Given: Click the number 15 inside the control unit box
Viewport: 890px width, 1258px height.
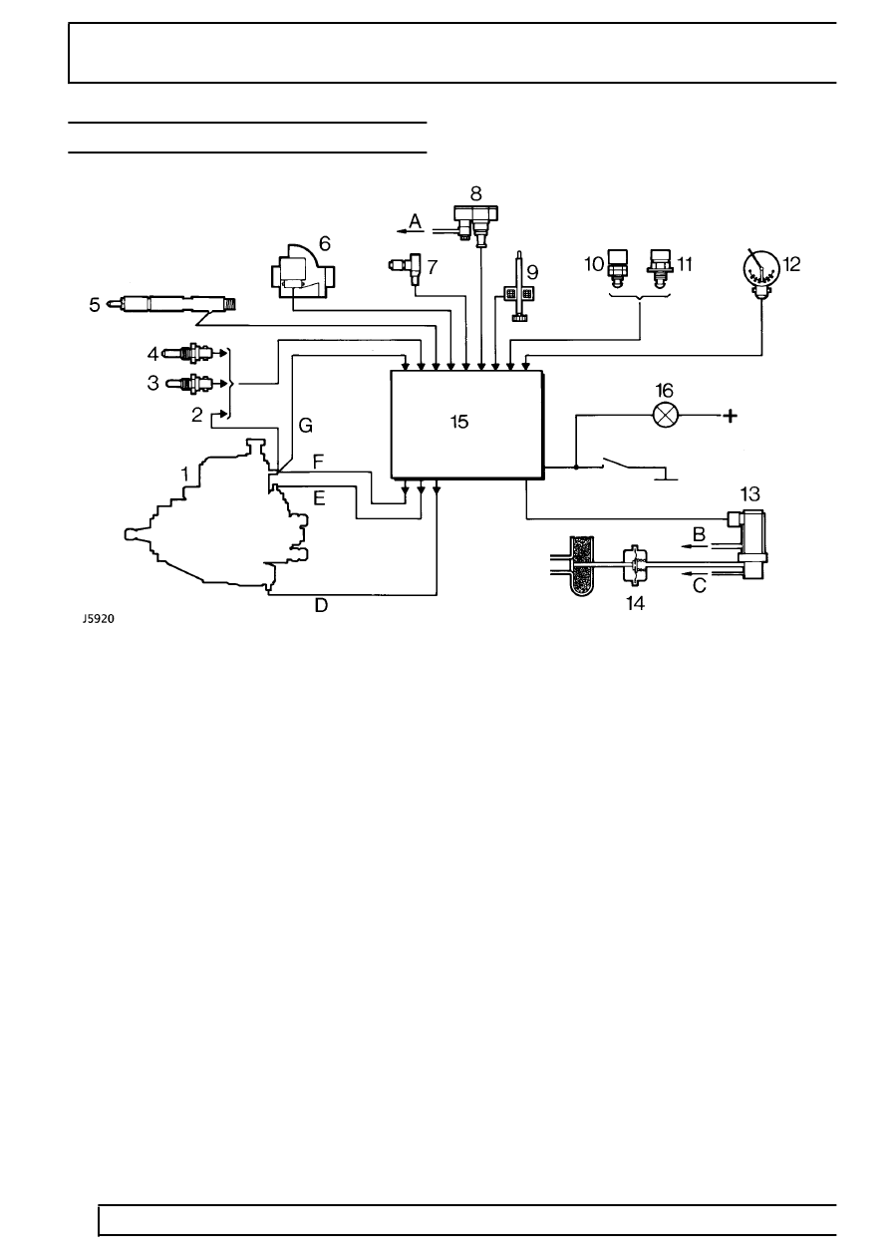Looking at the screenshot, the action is (459, 422).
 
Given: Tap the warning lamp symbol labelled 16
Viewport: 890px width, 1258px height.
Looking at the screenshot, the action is (666, 416).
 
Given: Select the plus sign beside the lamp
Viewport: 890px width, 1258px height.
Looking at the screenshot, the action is (730, 416).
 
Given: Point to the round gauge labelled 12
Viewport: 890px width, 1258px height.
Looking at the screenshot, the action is (760, 272).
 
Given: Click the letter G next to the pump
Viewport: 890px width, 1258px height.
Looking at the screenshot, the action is (305, 426).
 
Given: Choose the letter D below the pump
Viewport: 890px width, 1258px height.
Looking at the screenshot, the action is (321, 605).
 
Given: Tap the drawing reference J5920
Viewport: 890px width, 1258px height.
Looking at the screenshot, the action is (99, 619).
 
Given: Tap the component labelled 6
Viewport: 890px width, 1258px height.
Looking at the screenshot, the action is (303, 272).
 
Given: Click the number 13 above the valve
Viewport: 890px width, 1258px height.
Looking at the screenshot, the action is (750, 494).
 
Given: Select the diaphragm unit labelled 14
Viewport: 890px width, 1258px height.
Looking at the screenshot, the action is (635, 565).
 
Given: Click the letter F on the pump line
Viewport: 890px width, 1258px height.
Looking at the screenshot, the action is (318, 462).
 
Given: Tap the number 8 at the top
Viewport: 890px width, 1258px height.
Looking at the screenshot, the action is (475, 193).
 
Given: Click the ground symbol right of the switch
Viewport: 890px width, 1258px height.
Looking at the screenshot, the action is (665, 473).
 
